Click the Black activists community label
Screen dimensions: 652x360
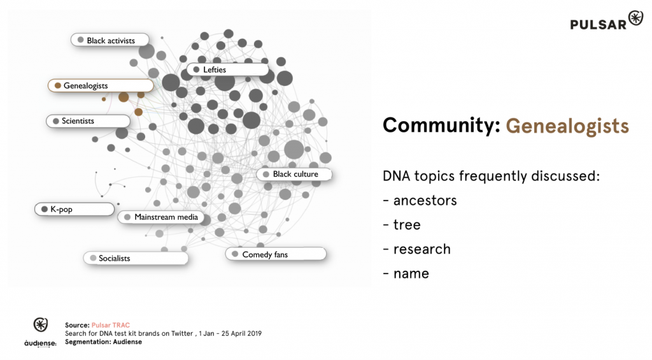click(110, 40)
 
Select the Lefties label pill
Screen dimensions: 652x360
click(227, 69)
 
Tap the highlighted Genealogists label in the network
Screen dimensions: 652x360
click(101, 85)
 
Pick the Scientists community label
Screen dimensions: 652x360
click(88, 120)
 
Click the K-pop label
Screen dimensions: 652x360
click(74, 209)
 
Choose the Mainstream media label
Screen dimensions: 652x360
click(161, 217)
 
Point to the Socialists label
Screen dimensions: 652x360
click(136, 258)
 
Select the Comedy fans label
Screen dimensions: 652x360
click(276, 254)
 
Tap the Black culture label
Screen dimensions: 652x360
click(294, 174)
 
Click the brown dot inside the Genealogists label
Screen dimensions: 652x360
click(58, 85)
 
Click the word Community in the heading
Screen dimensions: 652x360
click(441, 125)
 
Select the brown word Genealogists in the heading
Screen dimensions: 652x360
click(567, 126)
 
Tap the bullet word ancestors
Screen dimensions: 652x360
click(425, 201)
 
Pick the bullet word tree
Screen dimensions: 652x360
click(407, 225)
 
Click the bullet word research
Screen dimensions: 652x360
click(422, 249)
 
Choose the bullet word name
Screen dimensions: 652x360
click(411, 273)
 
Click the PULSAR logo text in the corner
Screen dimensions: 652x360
click(598, 25)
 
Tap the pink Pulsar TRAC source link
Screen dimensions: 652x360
click(111, 325)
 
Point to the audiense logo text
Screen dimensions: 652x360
click(40, 343)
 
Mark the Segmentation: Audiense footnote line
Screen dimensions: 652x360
click(103, 342)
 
